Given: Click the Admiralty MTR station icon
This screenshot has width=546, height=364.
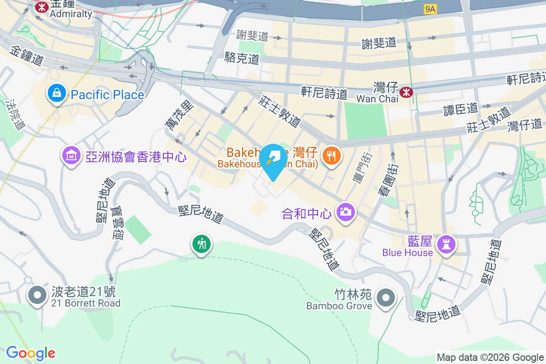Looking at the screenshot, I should click(42, 7).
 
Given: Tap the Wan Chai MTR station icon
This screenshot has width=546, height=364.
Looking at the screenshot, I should click(406, 93).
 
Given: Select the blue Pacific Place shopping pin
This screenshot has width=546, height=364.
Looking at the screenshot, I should click(56, 94).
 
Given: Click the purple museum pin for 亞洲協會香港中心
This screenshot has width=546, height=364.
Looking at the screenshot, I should click(71, 156).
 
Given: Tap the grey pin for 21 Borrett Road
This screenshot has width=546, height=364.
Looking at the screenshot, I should click(37, 295).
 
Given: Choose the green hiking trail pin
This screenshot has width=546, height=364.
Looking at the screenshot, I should click(201, 244).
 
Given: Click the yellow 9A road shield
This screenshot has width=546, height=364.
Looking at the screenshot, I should click(430, 9).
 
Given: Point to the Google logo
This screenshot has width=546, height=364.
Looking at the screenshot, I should click(31, 353).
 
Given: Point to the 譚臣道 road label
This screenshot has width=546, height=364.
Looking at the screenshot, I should click(460, 109).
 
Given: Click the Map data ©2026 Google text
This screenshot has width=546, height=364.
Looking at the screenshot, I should click(490, 358).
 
